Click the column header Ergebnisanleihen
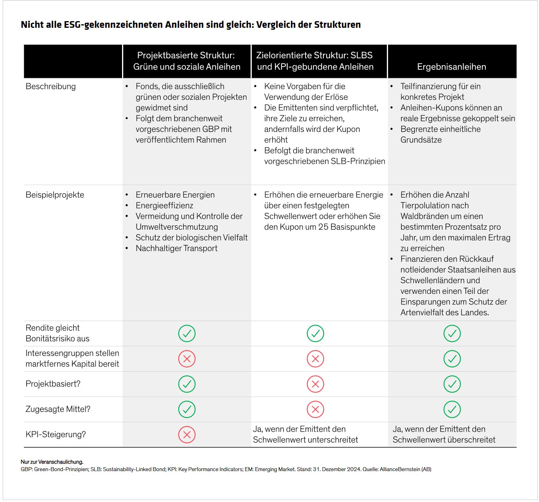(451, 67)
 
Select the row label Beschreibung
(50, 86)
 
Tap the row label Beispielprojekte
(55, 195)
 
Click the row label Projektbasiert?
(53, 384)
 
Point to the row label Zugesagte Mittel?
(58, 409)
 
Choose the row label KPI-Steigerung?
(56, 434)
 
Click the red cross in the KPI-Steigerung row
(187, 435)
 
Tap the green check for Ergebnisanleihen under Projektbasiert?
(452, 384)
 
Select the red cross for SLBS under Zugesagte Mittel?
(315, 409)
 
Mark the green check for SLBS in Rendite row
(315, 333)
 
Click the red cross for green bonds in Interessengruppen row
(187, 359)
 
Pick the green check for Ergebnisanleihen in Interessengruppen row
(452, 359)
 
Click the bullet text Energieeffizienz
(164, 205)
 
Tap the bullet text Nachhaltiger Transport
(176, 248)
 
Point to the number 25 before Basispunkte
(323, 227)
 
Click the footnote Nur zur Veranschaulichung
(52, 462)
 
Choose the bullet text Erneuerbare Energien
(175, 195)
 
